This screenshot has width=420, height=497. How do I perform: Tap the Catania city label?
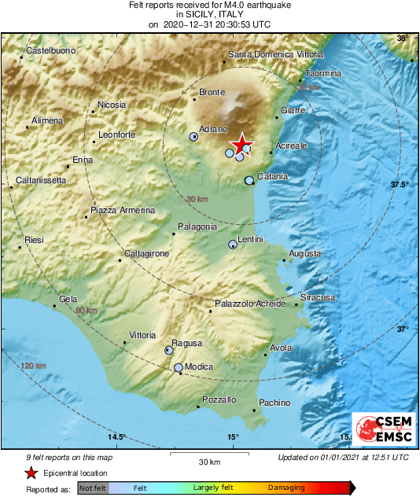coord(272,177)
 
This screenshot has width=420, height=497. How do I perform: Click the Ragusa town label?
coord(187,343)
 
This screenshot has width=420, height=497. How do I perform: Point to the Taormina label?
coord(323,73)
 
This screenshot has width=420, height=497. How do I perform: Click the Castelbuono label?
coord(50,51)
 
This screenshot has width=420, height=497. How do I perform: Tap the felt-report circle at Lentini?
coord(232,245)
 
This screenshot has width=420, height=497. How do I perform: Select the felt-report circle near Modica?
coord(179,367)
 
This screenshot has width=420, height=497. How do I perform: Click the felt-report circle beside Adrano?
coord(193,137)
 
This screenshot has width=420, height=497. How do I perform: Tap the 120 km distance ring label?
coord(34,366)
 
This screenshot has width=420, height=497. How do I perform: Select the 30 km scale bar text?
coord(208,461)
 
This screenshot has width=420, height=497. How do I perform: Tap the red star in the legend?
coord(31,473)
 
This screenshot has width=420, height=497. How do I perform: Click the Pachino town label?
coord(274,403)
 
